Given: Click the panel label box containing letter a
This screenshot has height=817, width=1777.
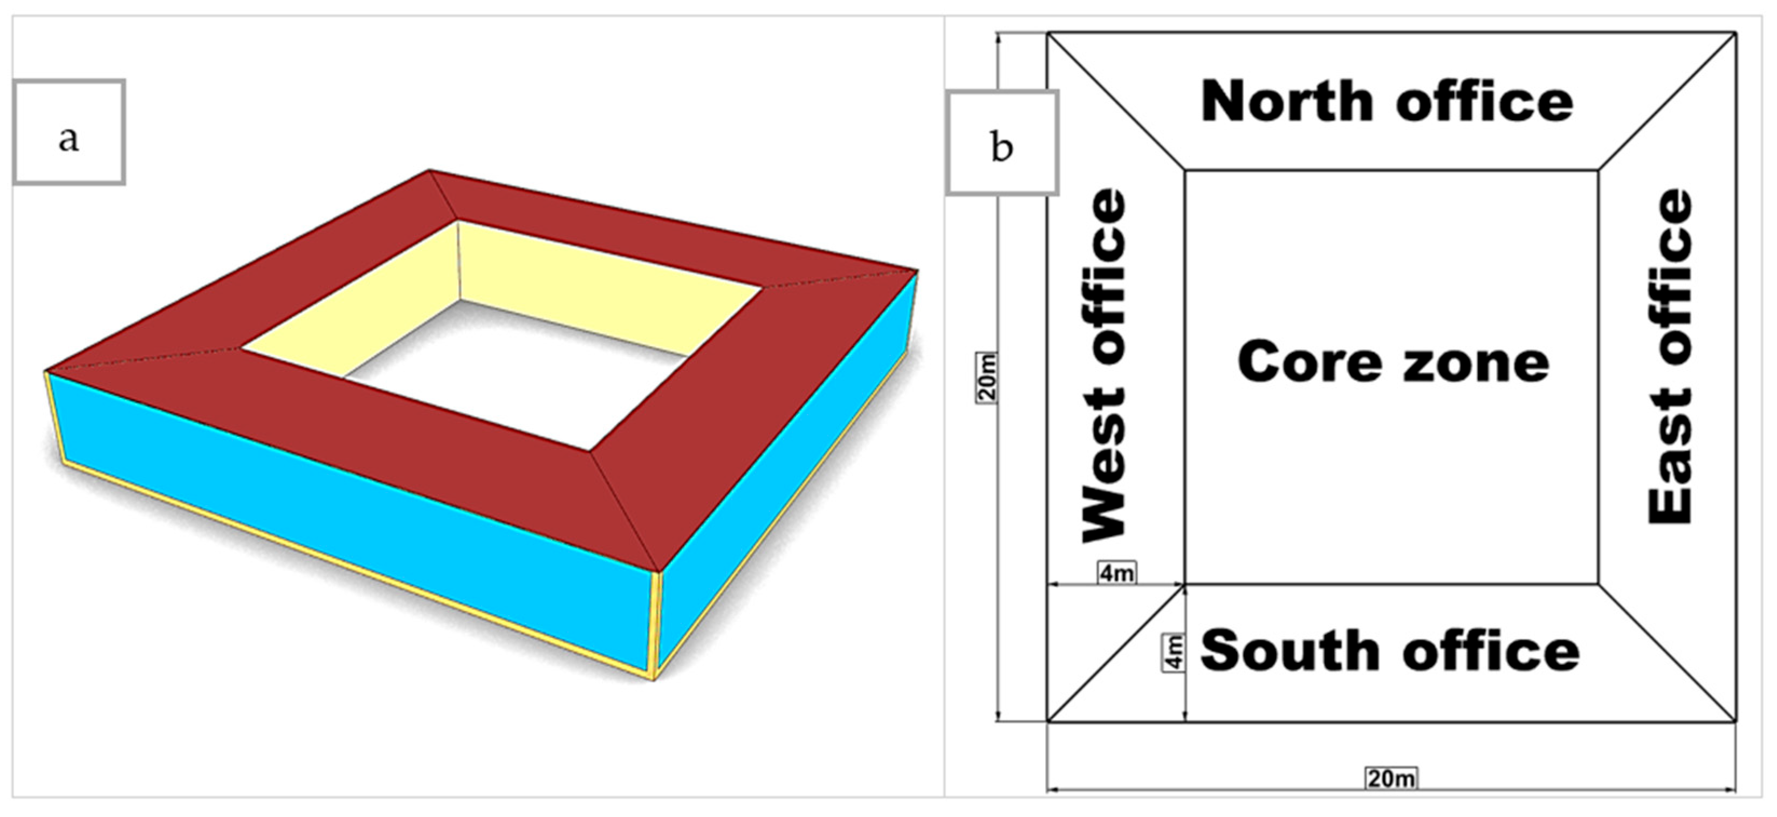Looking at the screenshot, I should coord(69,132).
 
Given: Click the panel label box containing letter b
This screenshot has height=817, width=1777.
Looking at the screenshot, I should coord(1001,142).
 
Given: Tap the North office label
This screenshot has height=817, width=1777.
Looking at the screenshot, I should coord(1387,102).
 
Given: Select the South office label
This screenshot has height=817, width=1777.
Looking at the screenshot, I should coord(1390,651).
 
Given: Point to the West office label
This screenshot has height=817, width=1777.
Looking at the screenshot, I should coord(1104,366).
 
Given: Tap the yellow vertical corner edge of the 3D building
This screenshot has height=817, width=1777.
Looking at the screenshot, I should coord(656,624).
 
